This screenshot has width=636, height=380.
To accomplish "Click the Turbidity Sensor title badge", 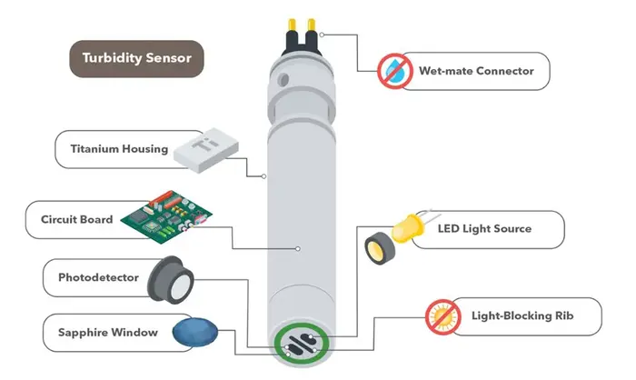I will (x=136, y=60).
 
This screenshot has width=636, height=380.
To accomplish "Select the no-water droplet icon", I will (x=395, y=70).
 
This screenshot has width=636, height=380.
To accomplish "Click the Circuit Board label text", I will (x=77, y=219).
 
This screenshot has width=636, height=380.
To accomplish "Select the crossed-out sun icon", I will (x=440, y=316).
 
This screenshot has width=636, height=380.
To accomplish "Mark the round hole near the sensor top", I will (x=283, y=80).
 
